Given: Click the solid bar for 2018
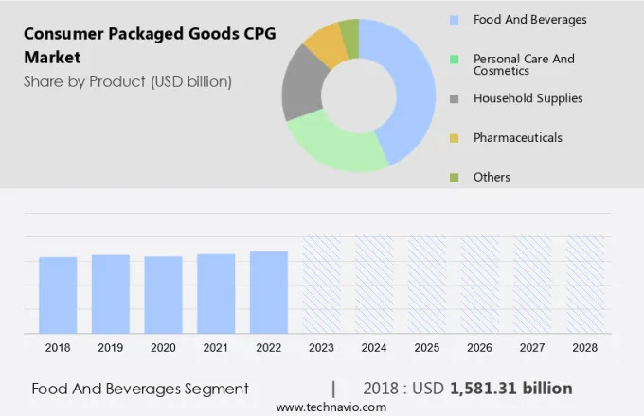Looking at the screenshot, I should pos(58,294).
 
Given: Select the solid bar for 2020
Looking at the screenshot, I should pos(163,294).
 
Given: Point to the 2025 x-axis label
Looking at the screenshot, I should pos(426,348).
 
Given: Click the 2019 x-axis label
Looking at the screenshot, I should pos(110,348).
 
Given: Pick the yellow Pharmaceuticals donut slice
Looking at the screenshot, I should pos(326,42).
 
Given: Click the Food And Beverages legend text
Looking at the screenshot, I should pos(529,19).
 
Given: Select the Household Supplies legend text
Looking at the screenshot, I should pos(528,98).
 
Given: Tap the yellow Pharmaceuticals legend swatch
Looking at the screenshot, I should pos(454,138).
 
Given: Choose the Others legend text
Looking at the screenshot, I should pos(492,177).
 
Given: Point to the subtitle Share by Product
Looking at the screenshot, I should pos(128,81).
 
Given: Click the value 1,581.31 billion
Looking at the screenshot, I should pos(511,389).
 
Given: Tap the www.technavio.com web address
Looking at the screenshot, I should pos(331,407).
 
